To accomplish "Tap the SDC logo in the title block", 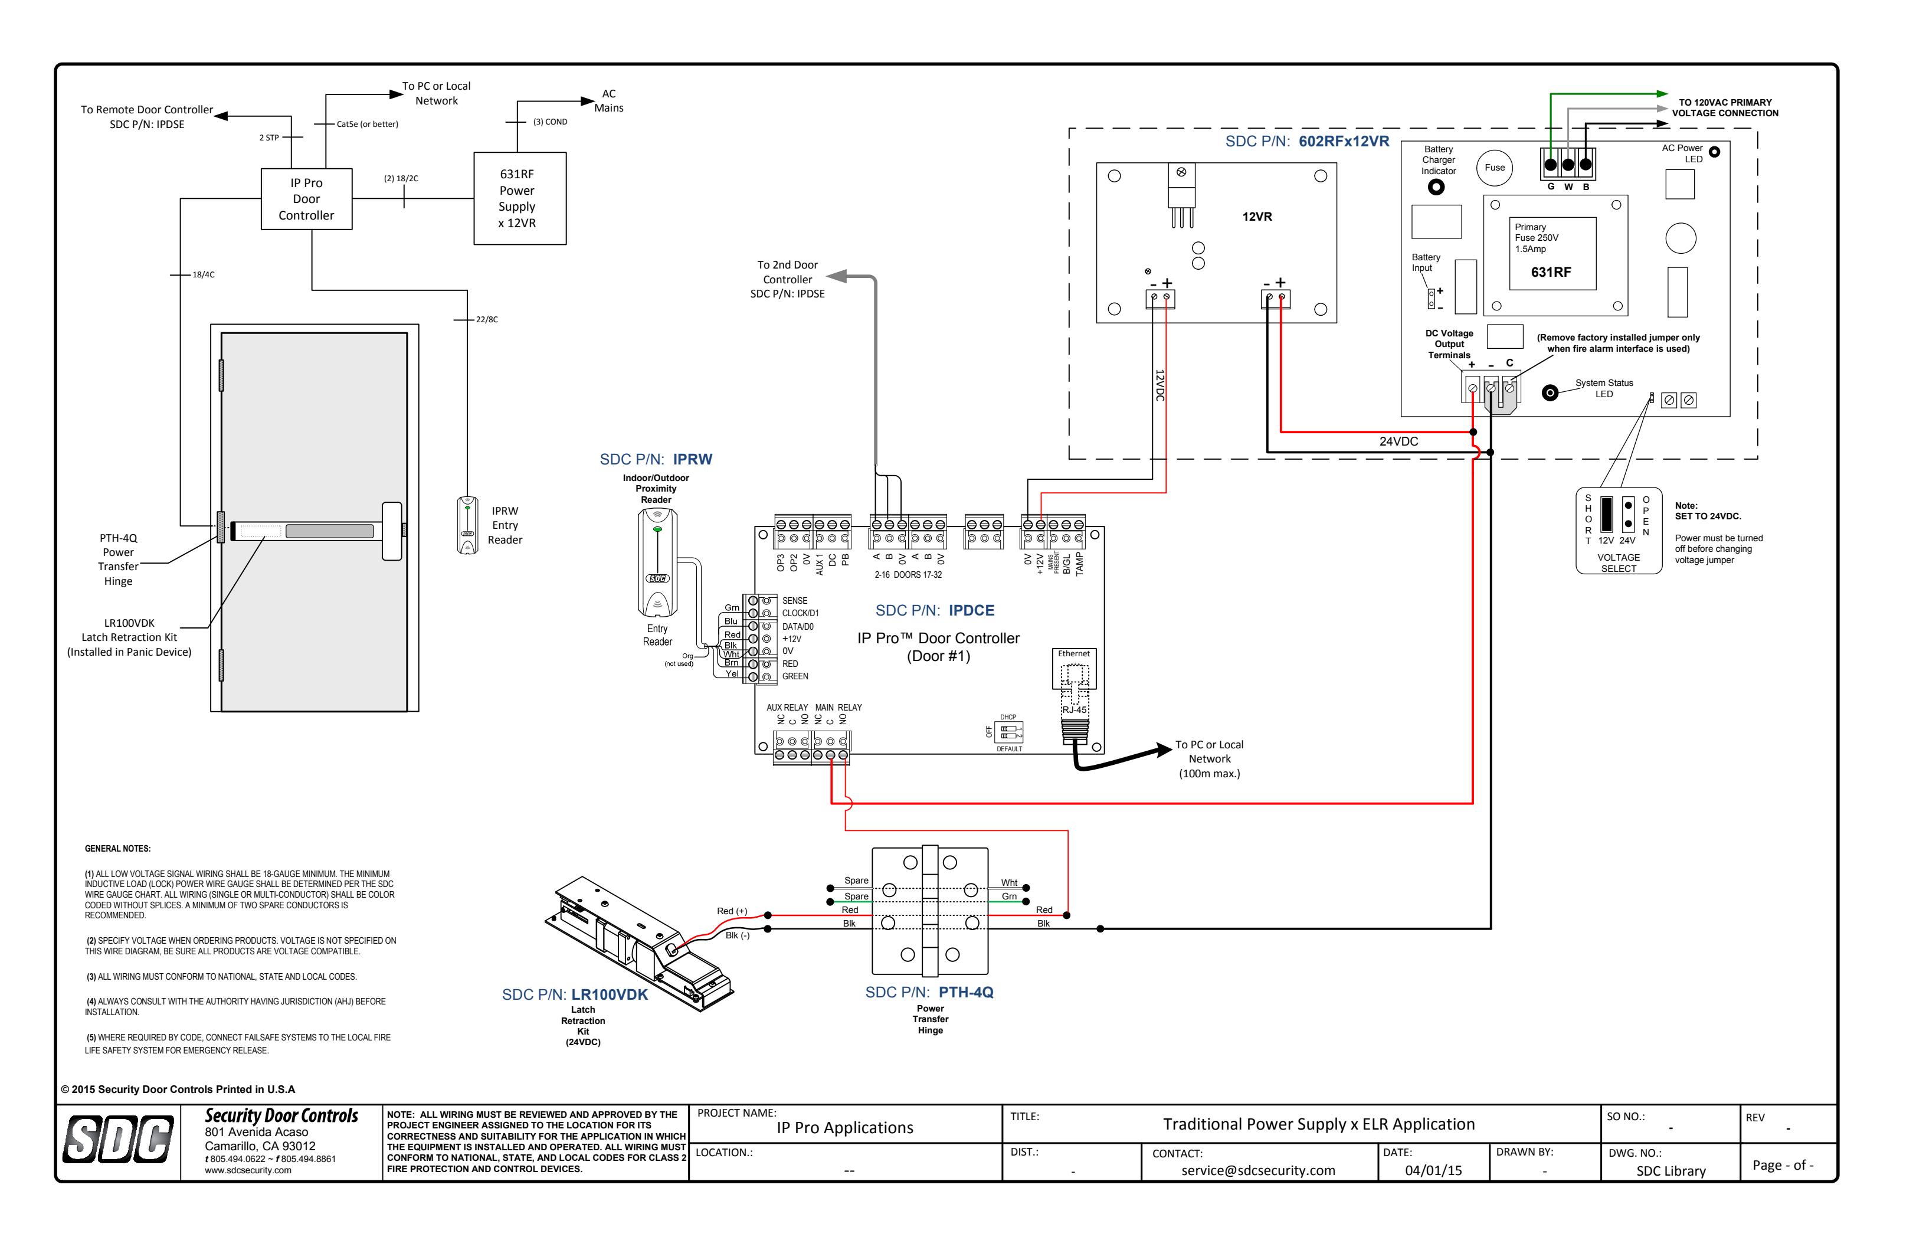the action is (118, 1140).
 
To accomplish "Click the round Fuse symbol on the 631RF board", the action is (1494, 168).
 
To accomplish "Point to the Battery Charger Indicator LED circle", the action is (1436, 187).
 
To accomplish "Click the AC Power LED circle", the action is (1714, 152).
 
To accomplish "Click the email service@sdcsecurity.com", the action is (1258, 1170).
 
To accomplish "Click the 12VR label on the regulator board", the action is (1257, 217).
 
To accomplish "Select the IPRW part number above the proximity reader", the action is (692, 460).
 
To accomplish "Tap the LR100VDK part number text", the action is (610, 994).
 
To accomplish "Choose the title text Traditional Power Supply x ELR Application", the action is (1319, 1124).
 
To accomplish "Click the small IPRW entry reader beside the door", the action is (467, 525).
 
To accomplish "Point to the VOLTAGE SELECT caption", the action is (1619, 563).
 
